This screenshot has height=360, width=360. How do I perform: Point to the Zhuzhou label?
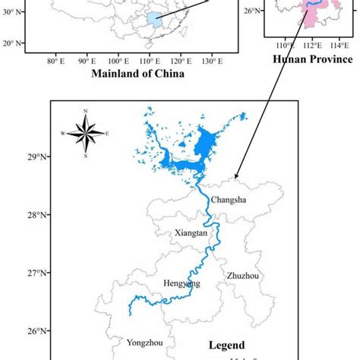242,276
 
